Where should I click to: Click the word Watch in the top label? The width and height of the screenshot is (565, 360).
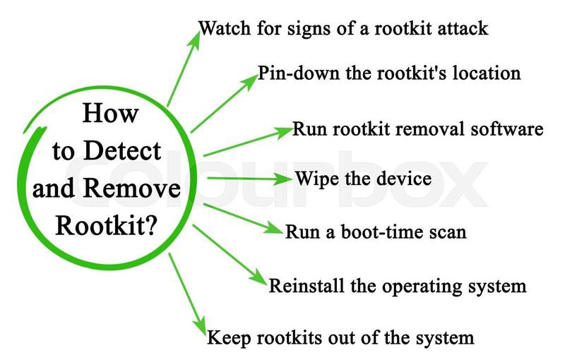click(x=223, y=30)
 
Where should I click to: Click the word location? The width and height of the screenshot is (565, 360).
click(x=487, y=73)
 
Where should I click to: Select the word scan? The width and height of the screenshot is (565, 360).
click(x=446, y=232)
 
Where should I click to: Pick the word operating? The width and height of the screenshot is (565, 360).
click(x=420, y=286)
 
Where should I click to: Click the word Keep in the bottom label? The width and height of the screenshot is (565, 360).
click(x=225, y=337)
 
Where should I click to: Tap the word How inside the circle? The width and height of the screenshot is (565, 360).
click(x=110, y=114)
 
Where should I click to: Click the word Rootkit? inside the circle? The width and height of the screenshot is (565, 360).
click(x=117, y=227)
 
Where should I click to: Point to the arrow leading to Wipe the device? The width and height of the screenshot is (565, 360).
click(x=247, y=177)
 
